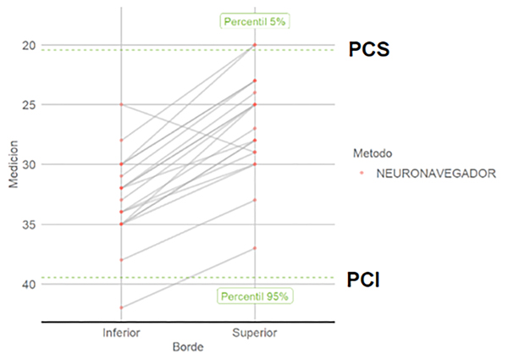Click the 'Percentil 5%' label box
[255, 21]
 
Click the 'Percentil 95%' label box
[255, 296]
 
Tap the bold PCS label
[369, 49]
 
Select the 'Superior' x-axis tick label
[254, 333]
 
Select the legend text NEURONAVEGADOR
[437, 173]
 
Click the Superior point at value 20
[254, 45]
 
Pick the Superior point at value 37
[254, 248]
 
